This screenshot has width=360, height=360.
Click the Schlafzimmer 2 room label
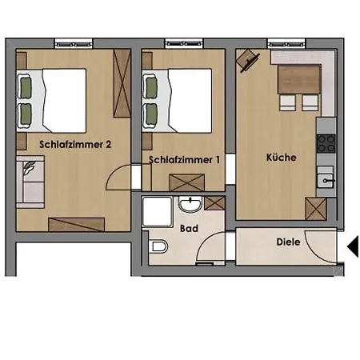point(75,145)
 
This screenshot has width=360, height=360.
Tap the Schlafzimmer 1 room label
point(184,160)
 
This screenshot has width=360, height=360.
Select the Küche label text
point(282,158)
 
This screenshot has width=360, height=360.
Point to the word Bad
point(189,229)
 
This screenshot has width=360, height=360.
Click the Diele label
point(288,242)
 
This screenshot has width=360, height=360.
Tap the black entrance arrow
point(353,246)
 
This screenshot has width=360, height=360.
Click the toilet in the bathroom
point(158,246)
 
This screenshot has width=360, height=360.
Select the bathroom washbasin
point(190,204)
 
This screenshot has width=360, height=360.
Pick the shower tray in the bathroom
point(158,212)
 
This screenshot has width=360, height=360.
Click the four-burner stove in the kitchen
point(326,143)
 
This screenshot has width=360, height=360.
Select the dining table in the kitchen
point(299,79)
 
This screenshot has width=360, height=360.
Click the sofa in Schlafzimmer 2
point(30,182)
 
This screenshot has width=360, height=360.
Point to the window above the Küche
point(286,44)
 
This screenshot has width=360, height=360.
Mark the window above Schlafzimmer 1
point(184,44)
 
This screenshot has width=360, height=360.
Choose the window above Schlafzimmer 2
point(74,44)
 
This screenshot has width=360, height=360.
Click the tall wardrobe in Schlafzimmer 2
point(122,83)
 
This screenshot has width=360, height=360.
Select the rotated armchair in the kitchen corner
point(248,61)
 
